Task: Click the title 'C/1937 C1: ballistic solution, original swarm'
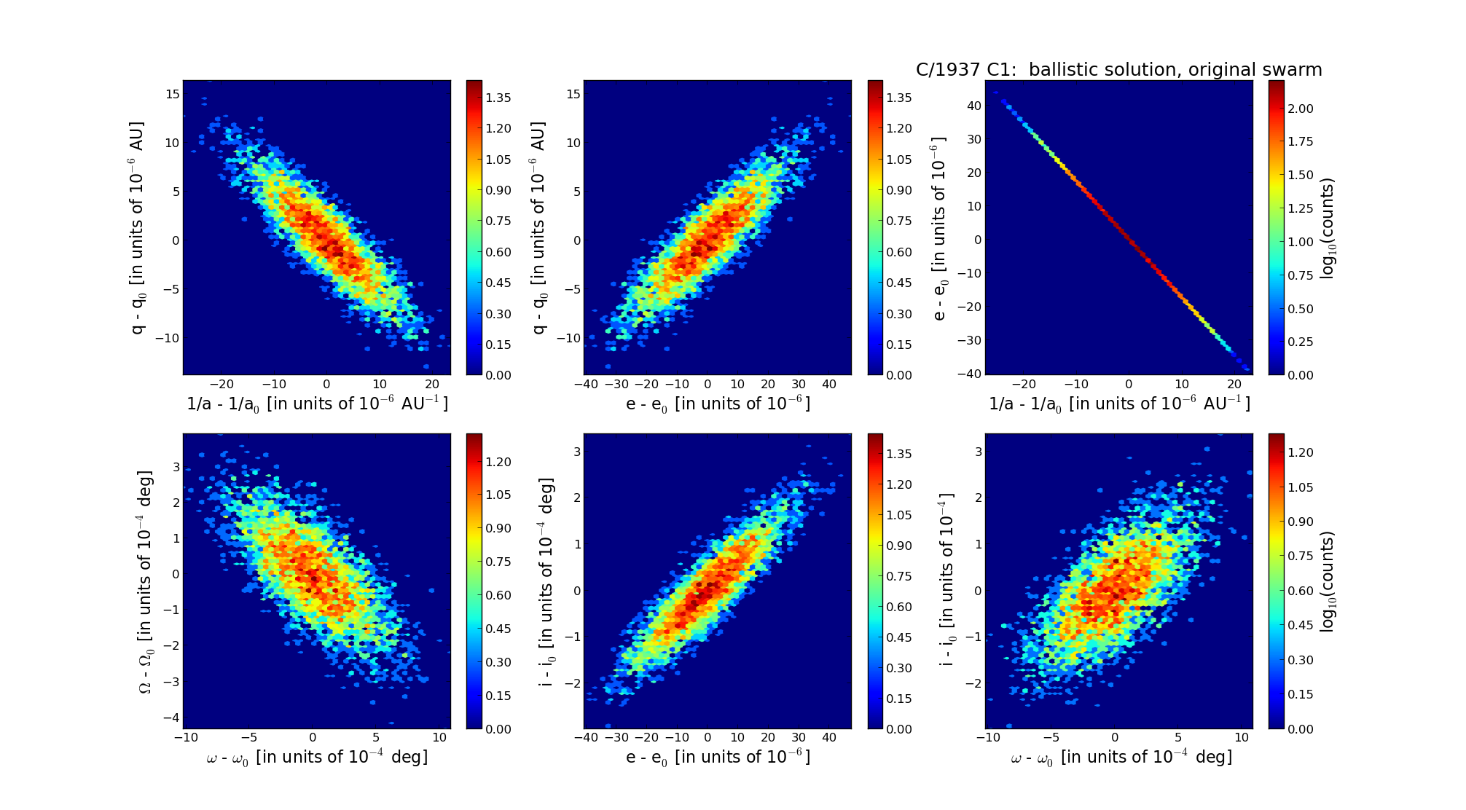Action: click(1118, 70)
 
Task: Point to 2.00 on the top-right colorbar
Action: click(1300, 109)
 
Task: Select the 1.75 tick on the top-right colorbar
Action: click(1300, 141)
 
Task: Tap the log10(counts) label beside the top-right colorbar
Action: click(1328, 228)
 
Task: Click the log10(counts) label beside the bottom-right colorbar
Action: click(1328, 581)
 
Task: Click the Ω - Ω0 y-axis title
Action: click(146, 581)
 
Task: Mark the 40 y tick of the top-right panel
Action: click(973, 106)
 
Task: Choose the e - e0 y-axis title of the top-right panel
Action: click(940, 228)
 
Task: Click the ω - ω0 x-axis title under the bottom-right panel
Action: click(1121, 758)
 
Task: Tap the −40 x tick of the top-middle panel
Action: click(586, 385)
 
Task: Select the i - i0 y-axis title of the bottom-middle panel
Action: click(547, 581)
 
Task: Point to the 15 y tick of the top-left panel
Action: click(173, 93)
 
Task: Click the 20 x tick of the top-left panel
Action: click(431, 385)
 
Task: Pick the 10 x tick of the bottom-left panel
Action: click(439, 738)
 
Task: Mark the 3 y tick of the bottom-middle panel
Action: click(576, 452)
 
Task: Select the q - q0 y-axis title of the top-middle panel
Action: click(538, 228)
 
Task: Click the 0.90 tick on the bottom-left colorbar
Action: click(498, 528)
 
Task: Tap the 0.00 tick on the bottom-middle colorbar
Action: click(899, 729)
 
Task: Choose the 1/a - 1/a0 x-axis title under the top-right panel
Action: click(1119, 404)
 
